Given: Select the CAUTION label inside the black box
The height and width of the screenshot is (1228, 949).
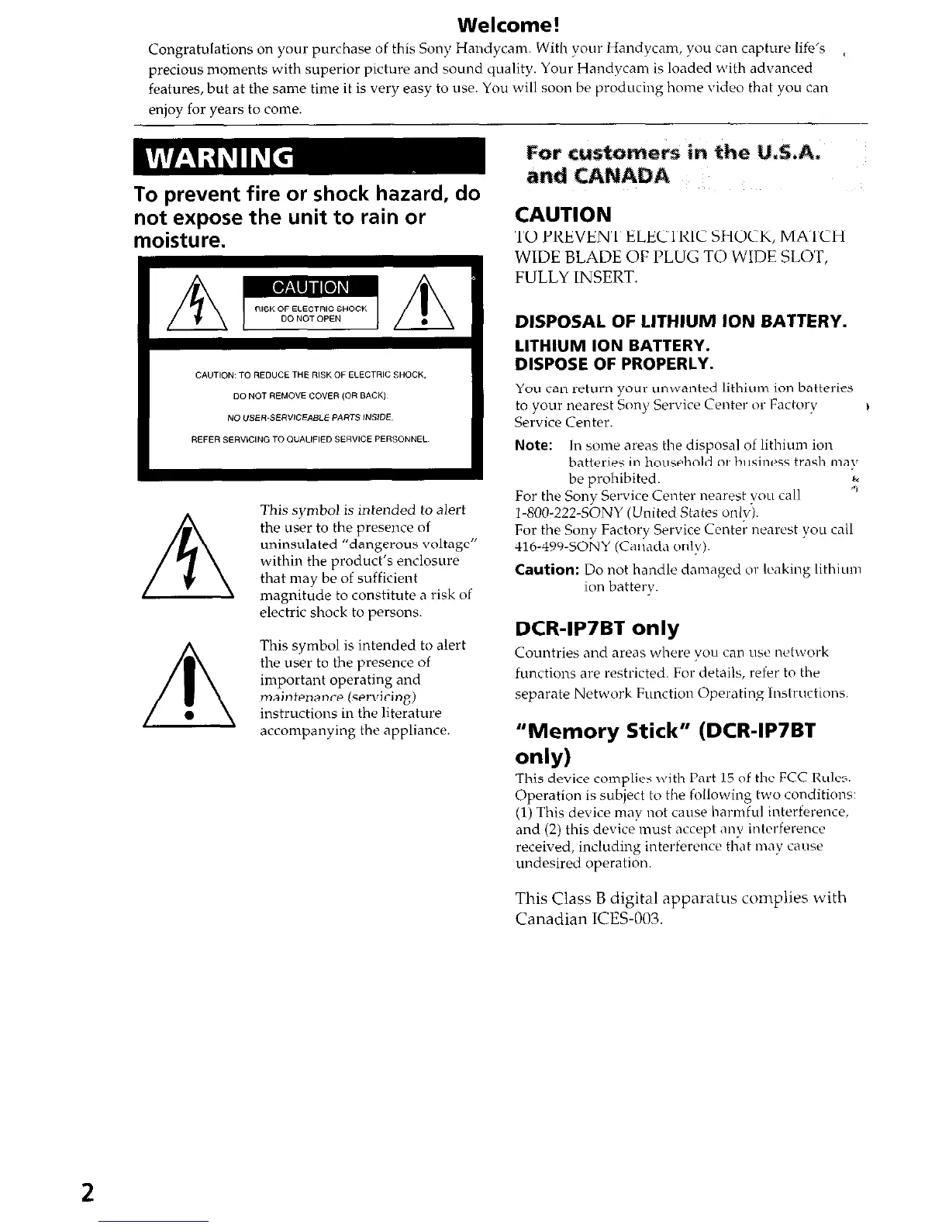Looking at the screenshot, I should pyautogui.click(x=309, y=288).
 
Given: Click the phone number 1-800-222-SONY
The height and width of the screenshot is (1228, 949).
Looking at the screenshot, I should pyautogui.click(x=569, y=513).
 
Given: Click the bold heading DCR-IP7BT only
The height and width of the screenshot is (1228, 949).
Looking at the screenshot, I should pyautogui.click(x=597, y=628).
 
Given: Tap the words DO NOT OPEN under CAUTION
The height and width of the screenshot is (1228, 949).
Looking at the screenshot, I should pyautogui.click(x=310, y=318).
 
